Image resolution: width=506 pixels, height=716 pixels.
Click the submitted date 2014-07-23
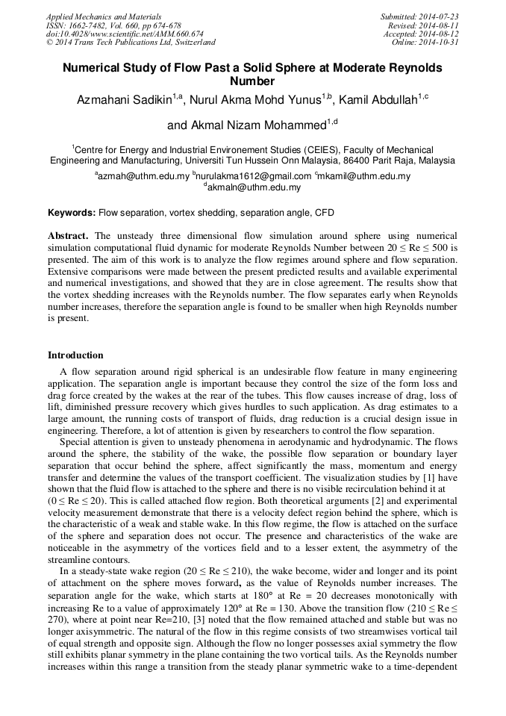pos(440,16)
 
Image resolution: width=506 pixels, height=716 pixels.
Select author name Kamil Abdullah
pos(382,100)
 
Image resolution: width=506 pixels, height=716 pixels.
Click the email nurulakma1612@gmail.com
pos(254,177)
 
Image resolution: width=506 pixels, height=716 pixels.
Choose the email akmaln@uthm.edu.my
pos(254,189)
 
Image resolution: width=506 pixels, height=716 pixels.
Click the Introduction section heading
pos(75,355)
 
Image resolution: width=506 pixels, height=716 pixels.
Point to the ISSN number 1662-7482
pos(90,25)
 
